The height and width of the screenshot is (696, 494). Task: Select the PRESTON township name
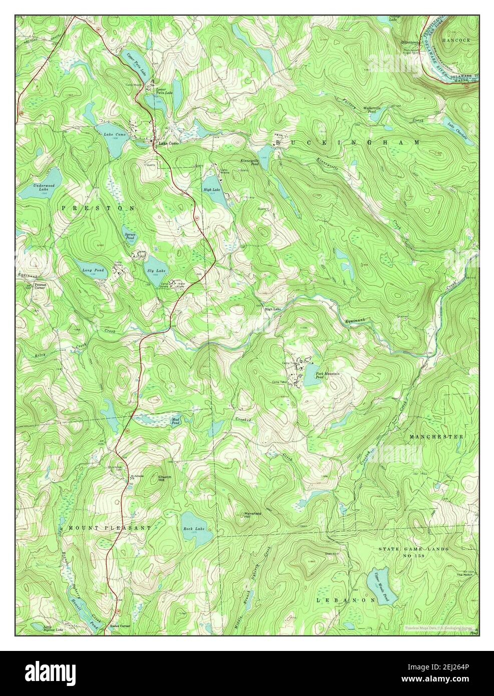click(99, 207)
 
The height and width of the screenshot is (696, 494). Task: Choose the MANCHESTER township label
click(436, 437)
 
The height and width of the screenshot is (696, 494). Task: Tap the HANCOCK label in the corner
click(457, 39)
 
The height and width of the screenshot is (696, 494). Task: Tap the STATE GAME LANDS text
click(413, 549)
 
